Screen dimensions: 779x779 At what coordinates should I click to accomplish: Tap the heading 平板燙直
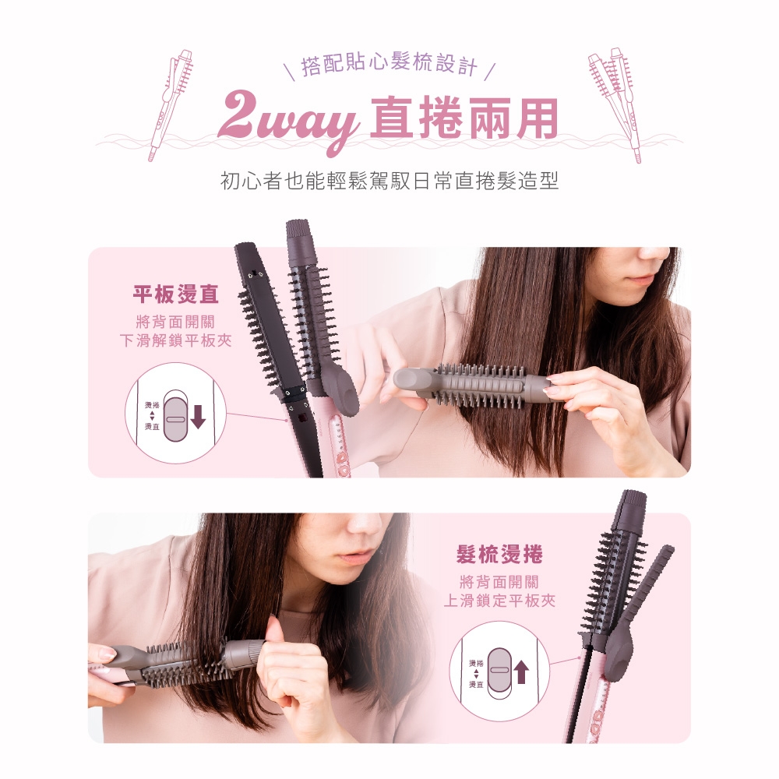176,294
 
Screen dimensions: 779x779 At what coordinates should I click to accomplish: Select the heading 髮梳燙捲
499,555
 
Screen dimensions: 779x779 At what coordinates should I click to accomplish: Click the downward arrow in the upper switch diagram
198,416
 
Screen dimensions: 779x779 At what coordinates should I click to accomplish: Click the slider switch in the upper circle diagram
175,416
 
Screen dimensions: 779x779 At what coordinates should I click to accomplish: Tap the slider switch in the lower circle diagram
499,673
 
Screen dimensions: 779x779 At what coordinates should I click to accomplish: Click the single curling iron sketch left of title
171,105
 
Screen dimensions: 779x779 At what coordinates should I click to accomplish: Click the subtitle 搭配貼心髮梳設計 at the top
389,65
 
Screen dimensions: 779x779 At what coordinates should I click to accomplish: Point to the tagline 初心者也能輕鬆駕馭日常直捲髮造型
389,181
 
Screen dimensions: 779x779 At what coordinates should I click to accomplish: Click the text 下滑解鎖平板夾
176,341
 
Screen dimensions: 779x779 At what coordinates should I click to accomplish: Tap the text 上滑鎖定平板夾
499,601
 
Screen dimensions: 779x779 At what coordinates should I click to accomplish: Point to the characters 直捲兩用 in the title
464,118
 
